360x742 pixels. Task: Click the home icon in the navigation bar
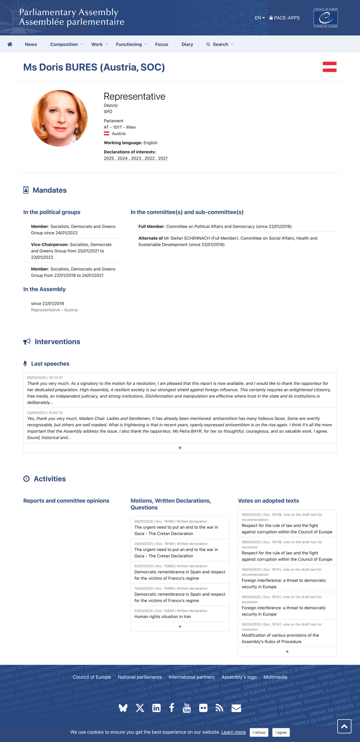click(10, 45)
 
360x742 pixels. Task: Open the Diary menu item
click(187, 45)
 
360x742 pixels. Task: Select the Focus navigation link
click(162, 45)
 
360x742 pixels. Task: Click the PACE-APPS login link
click(284, 18)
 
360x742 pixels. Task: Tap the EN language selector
click(260, 18)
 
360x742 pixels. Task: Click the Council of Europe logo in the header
click(326, 18)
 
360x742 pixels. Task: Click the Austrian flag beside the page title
click(329, 67)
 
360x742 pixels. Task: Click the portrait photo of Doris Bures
click(59, 118)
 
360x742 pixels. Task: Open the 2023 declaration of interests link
click(136, 158)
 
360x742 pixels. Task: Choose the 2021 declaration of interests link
click(163, 158)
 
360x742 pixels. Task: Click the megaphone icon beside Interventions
click(27, 342)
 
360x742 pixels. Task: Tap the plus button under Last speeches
click(180, 448)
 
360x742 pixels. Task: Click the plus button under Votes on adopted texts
click(287, 651)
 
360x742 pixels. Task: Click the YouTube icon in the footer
click(187, 708)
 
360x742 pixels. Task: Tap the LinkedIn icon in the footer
click(156, 708)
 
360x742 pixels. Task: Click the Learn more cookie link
click(233, 732)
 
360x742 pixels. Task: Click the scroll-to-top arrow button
click(344, 726)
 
